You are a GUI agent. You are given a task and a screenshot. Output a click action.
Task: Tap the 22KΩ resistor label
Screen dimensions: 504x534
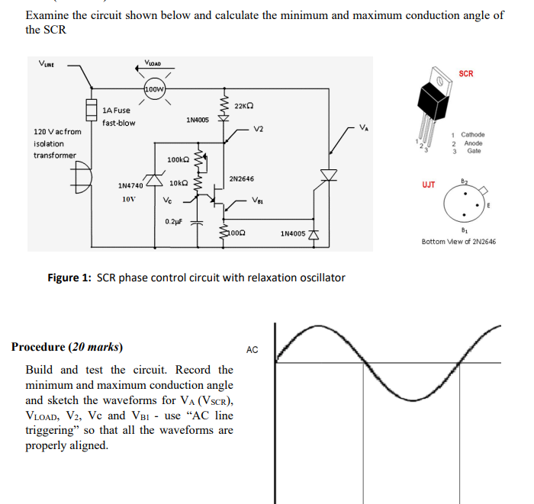pyautogui.click(x=244, y=105)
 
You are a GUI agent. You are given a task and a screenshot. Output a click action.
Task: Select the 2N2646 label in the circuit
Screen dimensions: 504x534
pyautogui.click(x=241, y=178)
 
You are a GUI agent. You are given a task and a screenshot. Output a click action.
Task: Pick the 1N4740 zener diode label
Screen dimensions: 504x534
pyautogui.click(x=130, y=185)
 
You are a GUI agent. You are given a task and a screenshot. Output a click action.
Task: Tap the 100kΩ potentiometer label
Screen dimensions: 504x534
pyautogui.click(x=177, y=159)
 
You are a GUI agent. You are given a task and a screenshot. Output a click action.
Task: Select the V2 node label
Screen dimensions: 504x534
pyautogui.click(x=259, y=129)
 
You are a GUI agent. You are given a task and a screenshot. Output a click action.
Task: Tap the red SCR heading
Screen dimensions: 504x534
pyautogui.click(x=466, y=74)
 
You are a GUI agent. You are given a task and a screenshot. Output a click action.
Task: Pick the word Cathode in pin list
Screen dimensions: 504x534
pyautogui.click(x=472, y=135)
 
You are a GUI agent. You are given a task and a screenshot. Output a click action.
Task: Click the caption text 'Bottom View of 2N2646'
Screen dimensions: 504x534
pyautogui.click(x=458, y=242)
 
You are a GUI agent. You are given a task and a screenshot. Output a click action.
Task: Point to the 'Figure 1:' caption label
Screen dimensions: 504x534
pyautogui.click(x=69, y=278)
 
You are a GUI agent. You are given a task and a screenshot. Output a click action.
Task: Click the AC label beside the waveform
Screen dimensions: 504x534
pyautogui.click(x=253, y=350)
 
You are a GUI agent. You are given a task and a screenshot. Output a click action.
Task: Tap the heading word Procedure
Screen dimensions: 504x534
pyautogui.click(x=38, y=347)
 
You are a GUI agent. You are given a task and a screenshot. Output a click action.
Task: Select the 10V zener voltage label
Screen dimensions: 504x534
pyautogui.click(x=129, y=199)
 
